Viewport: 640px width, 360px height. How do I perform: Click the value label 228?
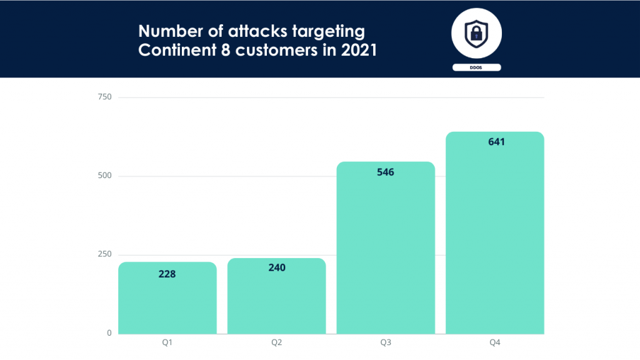(167, 273)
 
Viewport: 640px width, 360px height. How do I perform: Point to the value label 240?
(276, 267)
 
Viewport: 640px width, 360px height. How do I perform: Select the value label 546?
(386, 172)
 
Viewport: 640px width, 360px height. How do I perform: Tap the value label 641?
(496, 142)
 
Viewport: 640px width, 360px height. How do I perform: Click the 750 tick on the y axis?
(104, 97)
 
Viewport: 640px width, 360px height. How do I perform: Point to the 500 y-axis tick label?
(104, 176)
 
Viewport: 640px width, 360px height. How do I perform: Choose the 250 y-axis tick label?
(104, 254)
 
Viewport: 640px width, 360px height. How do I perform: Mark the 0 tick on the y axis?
(109, 333)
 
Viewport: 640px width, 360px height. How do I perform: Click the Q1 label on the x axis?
(167, 342)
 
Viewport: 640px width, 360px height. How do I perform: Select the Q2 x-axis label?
(276, 342)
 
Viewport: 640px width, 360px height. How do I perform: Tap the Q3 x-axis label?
(386, 342)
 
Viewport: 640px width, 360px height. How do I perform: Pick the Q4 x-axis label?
(494, 342)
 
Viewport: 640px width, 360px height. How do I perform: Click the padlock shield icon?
(476, 33)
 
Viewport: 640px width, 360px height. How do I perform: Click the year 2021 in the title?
(359, 51)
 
